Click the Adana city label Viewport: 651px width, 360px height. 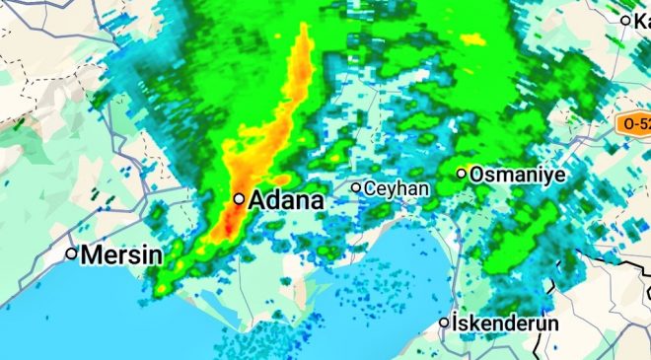[x=286, y=200]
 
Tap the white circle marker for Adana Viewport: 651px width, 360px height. [x=239, y=198]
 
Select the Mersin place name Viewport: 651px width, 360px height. [x=121, y=254]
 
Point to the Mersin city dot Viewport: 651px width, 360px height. [x=71, y=253]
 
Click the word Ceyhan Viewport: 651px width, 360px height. [x=397, y=187]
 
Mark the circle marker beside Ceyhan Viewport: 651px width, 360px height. [x=357, y=186]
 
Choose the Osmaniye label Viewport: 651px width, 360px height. [x=517, y=174]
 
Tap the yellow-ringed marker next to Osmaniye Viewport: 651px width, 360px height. [x=461, y=174]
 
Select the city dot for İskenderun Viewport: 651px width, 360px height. [x=444, y=322]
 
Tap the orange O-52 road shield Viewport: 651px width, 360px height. [x=633, y=124]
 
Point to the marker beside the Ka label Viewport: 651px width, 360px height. [x=625, y=20]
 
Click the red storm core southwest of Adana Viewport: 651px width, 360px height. [x=226, y=226]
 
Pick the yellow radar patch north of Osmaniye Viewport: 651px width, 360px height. [x=473, y=39]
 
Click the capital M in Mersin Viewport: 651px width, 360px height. [x=91, y=254]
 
